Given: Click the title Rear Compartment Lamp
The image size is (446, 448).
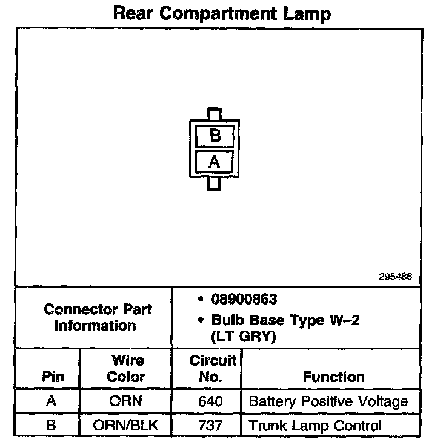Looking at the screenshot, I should [222, 13].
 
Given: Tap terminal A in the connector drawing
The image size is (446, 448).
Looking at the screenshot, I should [215, 162].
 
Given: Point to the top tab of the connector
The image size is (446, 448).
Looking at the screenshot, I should [215, 114].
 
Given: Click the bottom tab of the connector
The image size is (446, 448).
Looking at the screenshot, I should [215, 183].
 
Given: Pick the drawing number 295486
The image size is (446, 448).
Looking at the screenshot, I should [395, 276].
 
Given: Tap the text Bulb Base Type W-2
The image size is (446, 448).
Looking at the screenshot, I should [285, 320].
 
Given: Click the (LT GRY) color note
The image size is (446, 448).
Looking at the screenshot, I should [243, 337].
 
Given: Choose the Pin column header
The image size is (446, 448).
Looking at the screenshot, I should [53, 376].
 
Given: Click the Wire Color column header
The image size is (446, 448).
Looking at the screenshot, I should [127, 369].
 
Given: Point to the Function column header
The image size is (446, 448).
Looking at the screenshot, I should [333, 377].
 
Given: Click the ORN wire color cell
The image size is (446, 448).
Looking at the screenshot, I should [126, 401].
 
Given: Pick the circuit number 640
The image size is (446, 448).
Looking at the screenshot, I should [210, 401].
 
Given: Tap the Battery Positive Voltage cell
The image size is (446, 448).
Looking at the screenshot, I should [328, 401].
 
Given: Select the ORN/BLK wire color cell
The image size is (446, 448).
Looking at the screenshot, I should [126, 425].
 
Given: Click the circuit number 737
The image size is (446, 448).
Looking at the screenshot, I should [210, 425].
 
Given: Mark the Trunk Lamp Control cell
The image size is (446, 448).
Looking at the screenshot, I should [315, 425].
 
